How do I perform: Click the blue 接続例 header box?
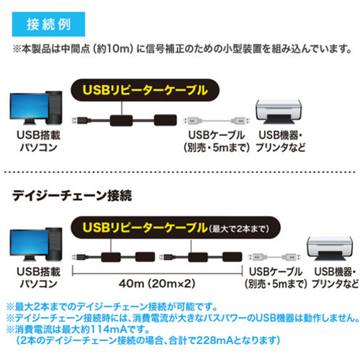pyautogui.click(x=48, y=24)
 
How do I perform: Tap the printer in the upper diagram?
pyautogui.click(x=279, y=112)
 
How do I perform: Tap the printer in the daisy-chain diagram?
pyautogui.click(x=330, y=248)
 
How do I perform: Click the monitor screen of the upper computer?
pyautogui.click(x=30, y=106)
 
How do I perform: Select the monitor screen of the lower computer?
pyautogui.click(x=30, y=243)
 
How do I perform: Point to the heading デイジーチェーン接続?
pyautogui.click(x=72, y=196)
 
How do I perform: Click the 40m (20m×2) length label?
pyautogui.click(x=157, y=284)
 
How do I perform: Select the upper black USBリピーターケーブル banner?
pyautogui.click(x=145, y=90)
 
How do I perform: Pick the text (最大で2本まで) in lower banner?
pyautogui.click(x=239, y=229)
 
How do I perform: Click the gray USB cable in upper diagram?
pyautogui.click(x=217, y=120)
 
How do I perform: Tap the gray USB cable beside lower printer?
pyautogui.click(x=274, y=257)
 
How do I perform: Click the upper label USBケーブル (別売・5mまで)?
pyautogui.click(x=217, y=141)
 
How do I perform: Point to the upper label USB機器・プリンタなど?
pyautogui.click(x=280, y=141)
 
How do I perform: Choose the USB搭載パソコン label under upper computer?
pyautogui.click(x=38, y=141)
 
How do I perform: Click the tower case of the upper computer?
pyautogui.click(x=54, y=107)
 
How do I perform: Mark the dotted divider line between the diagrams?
pyautogui.click(x=180, y=172)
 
